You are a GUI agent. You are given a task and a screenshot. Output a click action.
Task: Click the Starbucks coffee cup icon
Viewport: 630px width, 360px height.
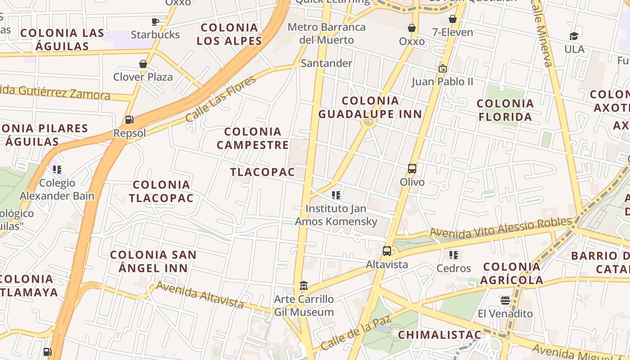(x=155, y=22)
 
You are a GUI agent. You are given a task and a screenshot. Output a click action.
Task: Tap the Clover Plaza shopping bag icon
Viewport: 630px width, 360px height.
(x=143, y=64)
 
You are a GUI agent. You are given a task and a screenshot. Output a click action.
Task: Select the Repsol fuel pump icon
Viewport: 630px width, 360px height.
(x=130, y=120)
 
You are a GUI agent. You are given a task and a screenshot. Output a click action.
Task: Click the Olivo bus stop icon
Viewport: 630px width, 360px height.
(x=412, y=169)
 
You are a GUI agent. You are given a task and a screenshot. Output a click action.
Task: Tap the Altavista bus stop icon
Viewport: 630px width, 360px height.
(x=387, y=251)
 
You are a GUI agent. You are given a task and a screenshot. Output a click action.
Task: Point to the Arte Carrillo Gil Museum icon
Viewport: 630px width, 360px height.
(x=304, y=286)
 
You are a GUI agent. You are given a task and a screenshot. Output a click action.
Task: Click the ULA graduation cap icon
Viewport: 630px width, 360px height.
(x=574, y=36)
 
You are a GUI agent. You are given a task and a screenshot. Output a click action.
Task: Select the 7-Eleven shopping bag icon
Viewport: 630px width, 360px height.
(x=453, y=19)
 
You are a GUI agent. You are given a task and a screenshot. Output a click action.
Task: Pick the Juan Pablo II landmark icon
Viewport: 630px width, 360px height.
(x=443, y=68)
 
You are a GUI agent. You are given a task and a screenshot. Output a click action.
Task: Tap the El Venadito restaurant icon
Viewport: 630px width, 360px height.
(x=505, y=300)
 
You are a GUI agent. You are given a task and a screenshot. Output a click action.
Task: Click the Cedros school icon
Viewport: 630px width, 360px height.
(x=454, y=255)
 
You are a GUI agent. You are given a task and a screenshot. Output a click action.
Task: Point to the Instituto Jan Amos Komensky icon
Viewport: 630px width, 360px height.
(x=336, y=195)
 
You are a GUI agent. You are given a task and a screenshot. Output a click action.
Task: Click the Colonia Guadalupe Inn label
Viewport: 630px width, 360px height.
(x=370, y=107)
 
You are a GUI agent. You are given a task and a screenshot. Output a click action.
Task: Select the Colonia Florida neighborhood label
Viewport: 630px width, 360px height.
(x=505, y=110)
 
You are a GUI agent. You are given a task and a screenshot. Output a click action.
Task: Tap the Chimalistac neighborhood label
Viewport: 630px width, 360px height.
(x=440, y=335)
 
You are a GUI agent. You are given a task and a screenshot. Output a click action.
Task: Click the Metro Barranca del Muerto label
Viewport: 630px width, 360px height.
(x=327, y=33)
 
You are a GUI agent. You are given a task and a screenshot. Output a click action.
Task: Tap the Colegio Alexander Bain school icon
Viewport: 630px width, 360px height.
(x=57, y=170)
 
